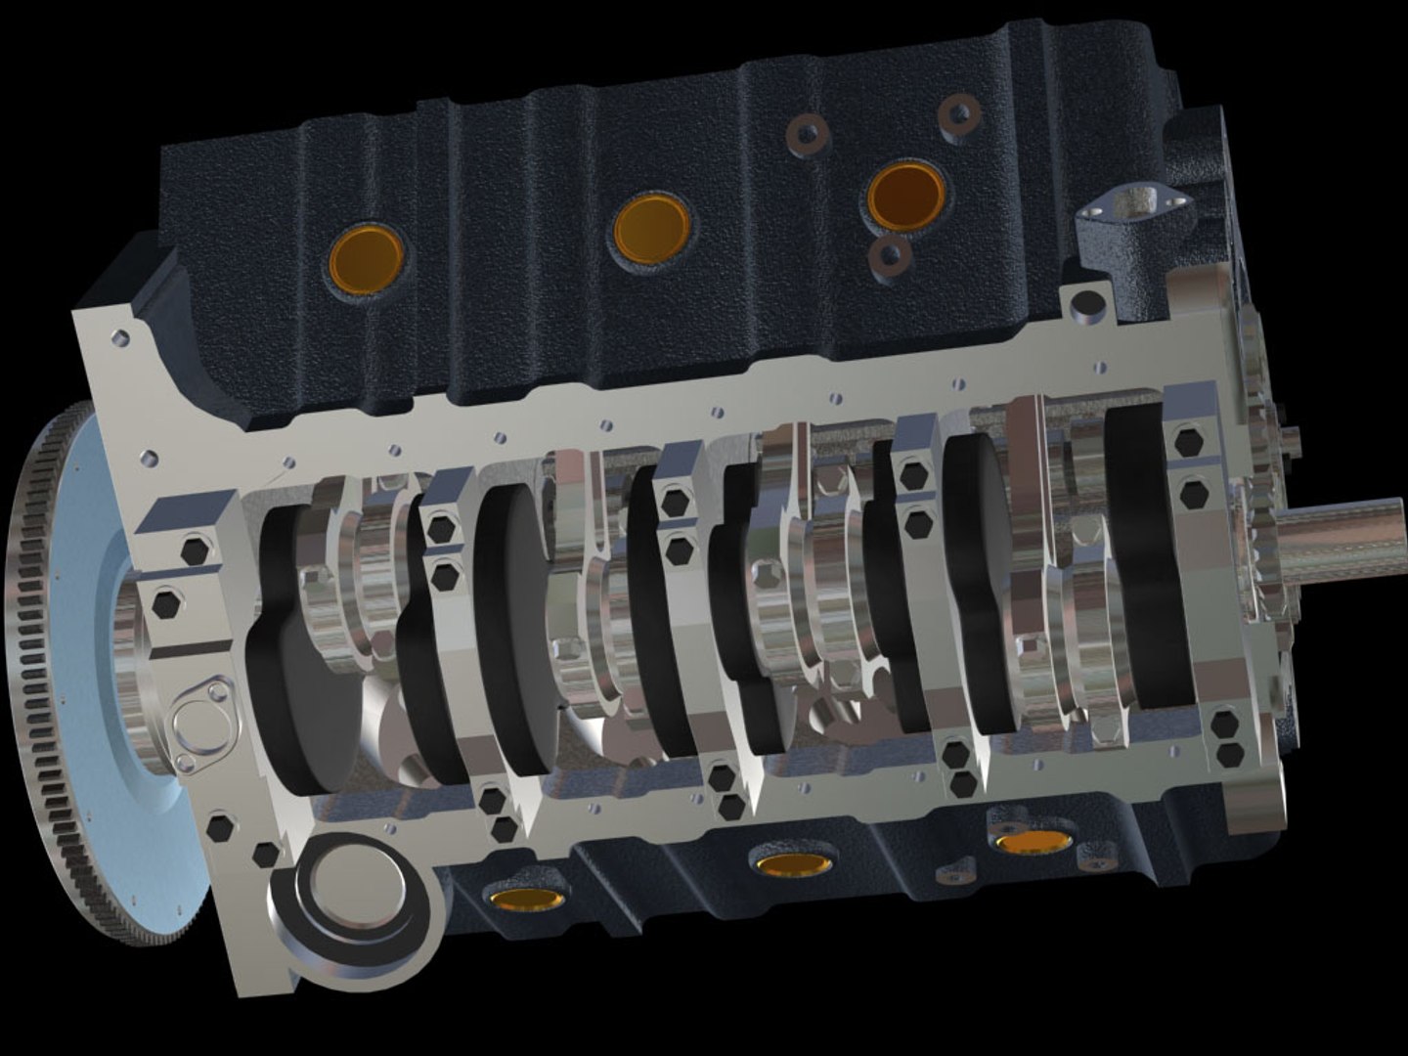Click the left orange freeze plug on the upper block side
tap(367, 257)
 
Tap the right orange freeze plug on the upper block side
tap(905, 195)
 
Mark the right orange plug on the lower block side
tap(1034, 840)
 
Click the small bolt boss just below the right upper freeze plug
tap(891, 254)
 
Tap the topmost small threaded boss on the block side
tap(959, 112)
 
